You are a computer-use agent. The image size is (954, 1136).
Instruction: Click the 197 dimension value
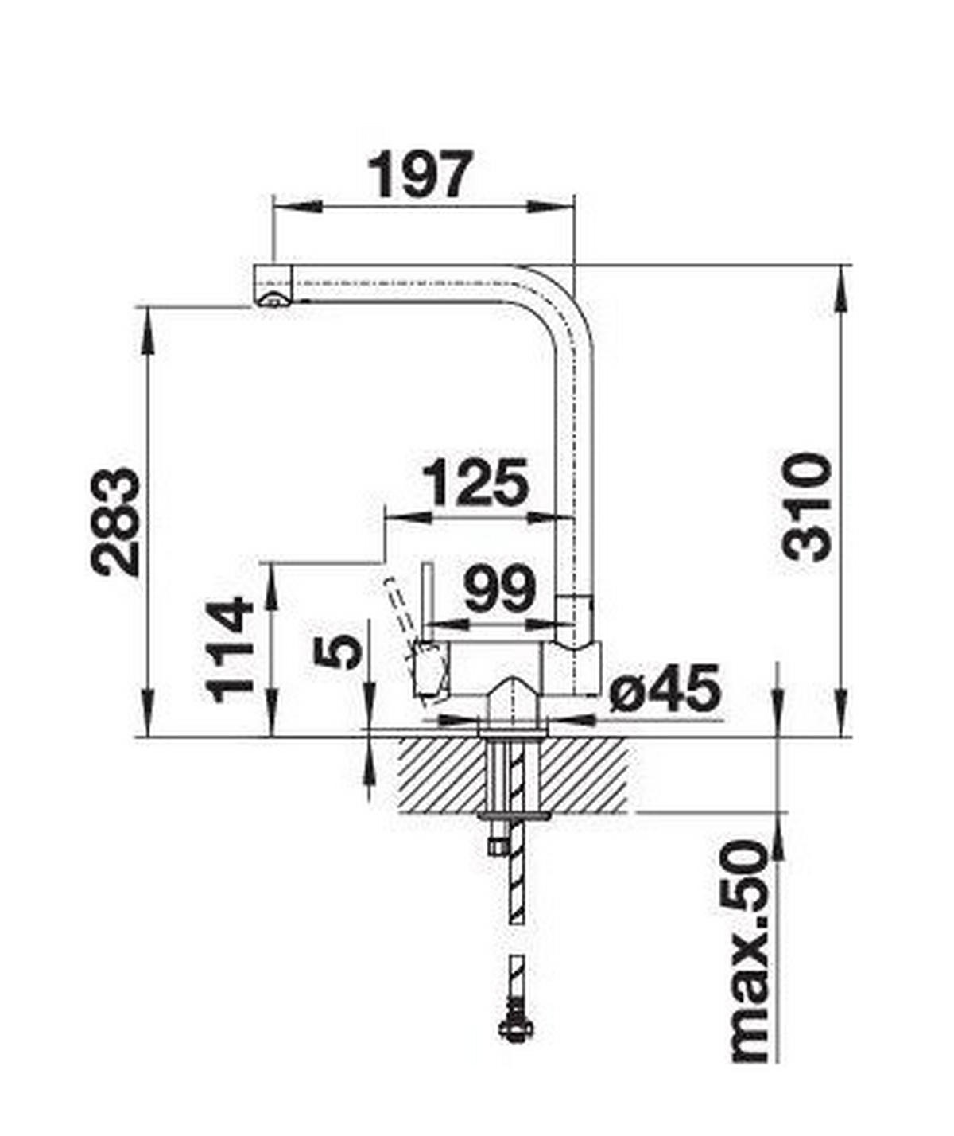tap(422, 174)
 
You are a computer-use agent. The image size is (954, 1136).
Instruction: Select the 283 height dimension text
tap(116, 522)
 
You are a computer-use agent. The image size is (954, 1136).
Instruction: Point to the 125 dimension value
tap(475, 483)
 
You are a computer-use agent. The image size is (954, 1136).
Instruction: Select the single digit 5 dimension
tap(338, 652)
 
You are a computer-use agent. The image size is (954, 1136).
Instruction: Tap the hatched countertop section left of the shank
tap(442, 775)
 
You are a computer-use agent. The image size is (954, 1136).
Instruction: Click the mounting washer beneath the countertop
tap(514, 815)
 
